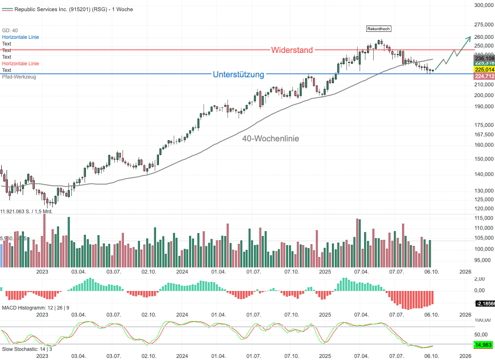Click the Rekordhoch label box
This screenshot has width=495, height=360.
pos(378,29)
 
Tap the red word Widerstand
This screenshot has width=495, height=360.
pos(292,50)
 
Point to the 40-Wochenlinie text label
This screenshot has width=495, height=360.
pos(270,139)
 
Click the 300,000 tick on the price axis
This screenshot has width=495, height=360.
pos(483,5)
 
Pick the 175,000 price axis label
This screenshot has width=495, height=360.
pos(483,125)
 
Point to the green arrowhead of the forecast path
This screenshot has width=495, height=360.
pos(469,38)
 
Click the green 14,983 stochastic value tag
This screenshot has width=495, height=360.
pos(484,345)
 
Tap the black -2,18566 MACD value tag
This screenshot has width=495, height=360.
pos(485,303)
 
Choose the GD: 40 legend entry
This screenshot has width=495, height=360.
pos(10,31)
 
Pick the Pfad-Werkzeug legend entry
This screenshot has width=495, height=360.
pos(19,77)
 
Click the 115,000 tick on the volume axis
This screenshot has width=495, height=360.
pos(483,218)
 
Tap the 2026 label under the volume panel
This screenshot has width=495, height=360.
pos(465,272)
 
